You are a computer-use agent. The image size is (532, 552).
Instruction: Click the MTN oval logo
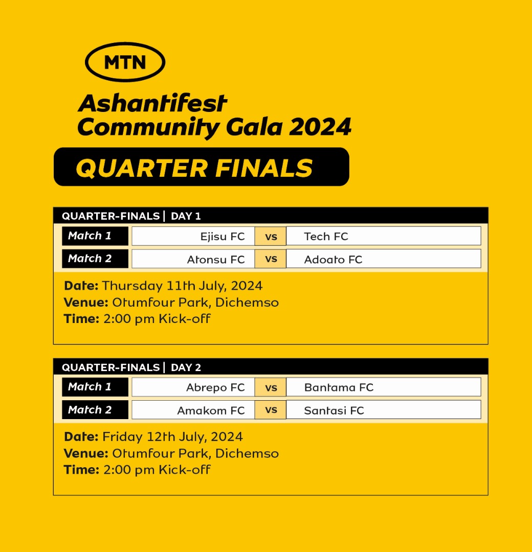pos(125,62)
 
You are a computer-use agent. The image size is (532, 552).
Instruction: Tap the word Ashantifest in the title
pos(152,103)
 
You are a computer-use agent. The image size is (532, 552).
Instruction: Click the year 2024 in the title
pos(320,127)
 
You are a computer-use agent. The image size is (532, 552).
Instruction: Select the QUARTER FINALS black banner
pos(201,167)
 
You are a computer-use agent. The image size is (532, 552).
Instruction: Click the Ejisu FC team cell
pos(193,236)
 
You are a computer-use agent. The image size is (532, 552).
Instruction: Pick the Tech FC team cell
pos(383,236)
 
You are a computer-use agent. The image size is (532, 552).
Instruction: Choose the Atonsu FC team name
pos(216,260)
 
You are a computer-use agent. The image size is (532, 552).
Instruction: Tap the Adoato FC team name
pos(333,260)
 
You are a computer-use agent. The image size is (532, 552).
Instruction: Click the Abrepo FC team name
pos(215,387)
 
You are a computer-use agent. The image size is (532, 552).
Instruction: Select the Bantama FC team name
pos(339,387)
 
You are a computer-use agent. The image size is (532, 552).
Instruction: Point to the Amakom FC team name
pos(211,410)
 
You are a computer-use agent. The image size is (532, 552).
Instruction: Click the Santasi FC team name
pos(334,410)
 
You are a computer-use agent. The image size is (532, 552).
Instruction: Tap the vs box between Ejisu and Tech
pos(271,236)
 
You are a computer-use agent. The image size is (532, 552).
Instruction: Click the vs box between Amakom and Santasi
pos(271,410)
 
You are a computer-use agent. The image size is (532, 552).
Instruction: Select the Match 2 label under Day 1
pos(95,259)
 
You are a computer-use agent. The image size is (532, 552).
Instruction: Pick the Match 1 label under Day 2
pos(95,387)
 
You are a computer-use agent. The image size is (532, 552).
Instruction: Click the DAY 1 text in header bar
pos(186,216)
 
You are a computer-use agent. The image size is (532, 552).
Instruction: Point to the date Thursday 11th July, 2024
pos(182,286)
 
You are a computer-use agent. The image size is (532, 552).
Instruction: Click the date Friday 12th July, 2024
pos(172,437)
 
